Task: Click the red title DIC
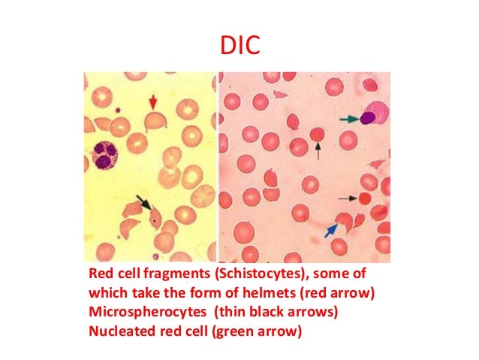coord(239,47)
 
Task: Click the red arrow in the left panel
coord(153,101)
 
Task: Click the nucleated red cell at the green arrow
coord(369,117)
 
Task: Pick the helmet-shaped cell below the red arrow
coord(155,120)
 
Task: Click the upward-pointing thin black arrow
coord(318,152)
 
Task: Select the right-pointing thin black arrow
coord(347,198)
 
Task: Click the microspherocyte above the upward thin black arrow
coord(318,135)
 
